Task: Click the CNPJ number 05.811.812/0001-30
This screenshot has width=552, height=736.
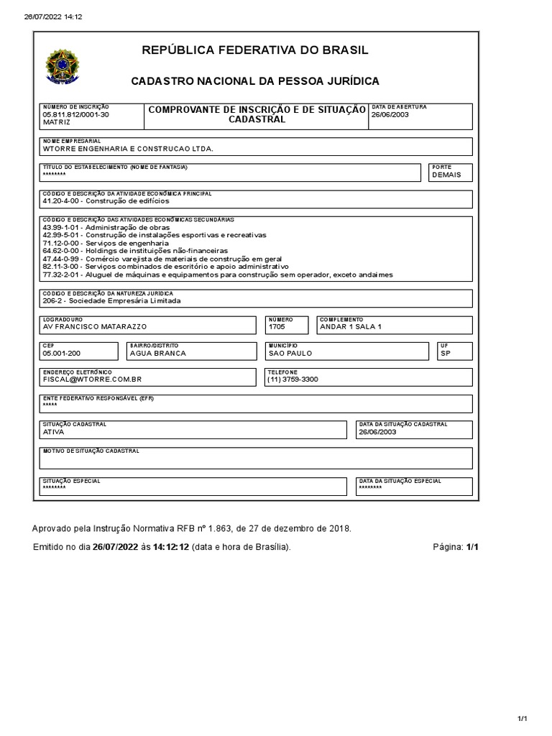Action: coord(75,114)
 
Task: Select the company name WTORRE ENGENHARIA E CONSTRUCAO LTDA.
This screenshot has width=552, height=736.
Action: coord(128,149)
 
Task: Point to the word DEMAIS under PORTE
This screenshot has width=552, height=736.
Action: coord(446,175)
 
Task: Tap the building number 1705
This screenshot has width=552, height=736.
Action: coord(277,327)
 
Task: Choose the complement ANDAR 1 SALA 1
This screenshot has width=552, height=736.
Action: coord(350,327)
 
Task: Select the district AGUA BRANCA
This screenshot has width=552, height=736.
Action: coord(157,353)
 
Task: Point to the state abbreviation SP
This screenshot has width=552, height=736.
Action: coord(446,353)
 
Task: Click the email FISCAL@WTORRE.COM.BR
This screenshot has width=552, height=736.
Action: coord(92,379)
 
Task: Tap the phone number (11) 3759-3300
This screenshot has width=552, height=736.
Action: coord(292,379)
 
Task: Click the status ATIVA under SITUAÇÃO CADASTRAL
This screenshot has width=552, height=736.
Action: coord(54,432)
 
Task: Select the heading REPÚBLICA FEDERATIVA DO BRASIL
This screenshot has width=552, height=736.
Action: coord(255,50)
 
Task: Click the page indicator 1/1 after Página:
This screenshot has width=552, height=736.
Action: coord(471,547)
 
